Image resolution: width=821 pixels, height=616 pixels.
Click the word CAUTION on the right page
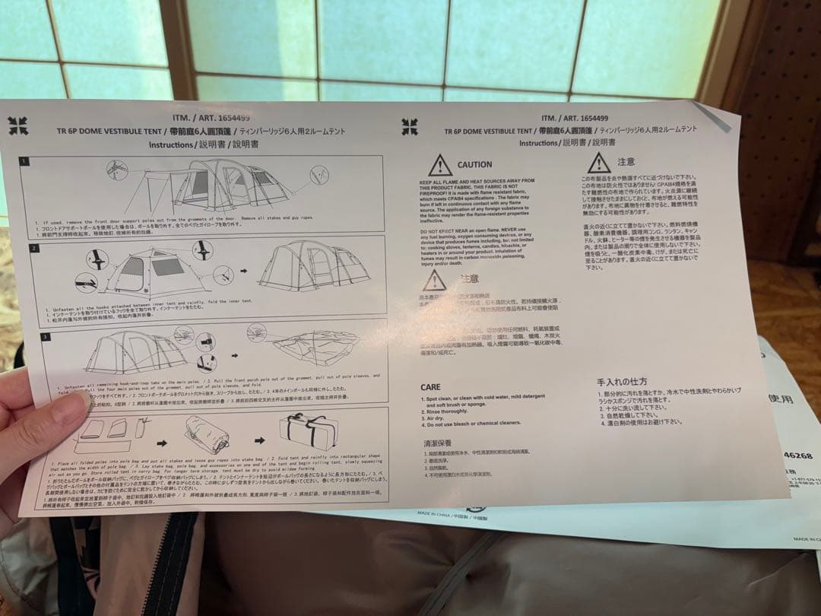(x=474, y=164)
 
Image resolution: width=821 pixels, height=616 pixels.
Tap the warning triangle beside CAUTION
(x=439, y=165)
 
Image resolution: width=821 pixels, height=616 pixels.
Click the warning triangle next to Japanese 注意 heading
(x=598, y=163)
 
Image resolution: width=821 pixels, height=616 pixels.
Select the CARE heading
(x=430, y=387)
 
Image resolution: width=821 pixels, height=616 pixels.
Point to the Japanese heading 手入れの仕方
(x=622, y=381)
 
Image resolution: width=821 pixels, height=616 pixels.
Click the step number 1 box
(x=24, y=160)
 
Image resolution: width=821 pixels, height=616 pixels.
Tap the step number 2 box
(x=33, y=248)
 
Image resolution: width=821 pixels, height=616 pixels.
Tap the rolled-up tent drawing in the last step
(x=206, y=435)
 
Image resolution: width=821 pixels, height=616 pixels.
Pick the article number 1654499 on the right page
(x=585, y=118)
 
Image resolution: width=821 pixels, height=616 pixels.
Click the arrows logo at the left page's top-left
(x=18, y=125)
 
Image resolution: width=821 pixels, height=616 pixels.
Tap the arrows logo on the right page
(x=410, y=127)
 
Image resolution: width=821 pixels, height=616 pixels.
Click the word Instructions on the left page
(x=171, y=144)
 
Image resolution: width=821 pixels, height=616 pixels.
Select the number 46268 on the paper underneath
(x=797, y=456)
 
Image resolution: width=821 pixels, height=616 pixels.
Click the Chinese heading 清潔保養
(x=437, y=443)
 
